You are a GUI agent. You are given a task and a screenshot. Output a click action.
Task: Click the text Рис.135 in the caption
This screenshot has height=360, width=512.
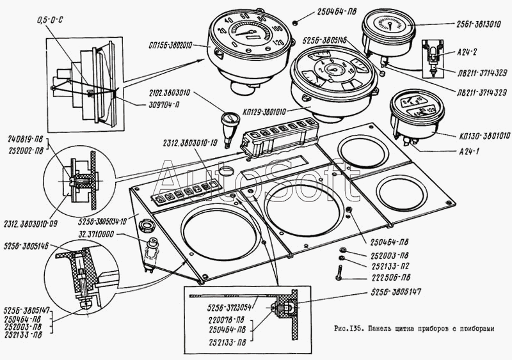(x=349, y=329)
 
